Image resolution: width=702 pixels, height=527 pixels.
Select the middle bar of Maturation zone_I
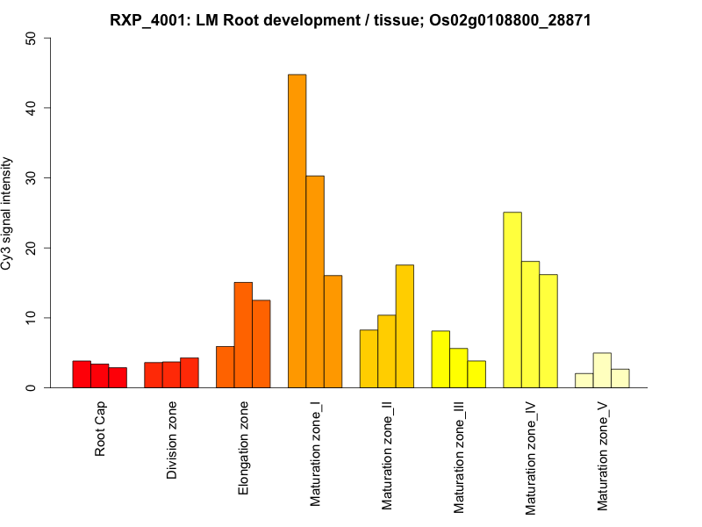pos(315,281)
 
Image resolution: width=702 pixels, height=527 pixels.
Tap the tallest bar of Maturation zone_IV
pos(512,300)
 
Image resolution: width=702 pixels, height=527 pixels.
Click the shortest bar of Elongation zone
pos(226,367)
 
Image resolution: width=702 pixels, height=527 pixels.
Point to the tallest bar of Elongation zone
pos(243,335)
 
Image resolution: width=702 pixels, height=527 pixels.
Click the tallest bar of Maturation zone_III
pos(441,359)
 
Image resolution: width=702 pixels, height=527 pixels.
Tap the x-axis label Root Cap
pos(100,430)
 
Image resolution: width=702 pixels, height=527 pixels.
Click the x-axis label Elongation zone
pos(244,448)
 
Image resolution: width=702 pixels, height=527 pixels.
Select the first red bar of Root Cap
pos(82,374)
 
